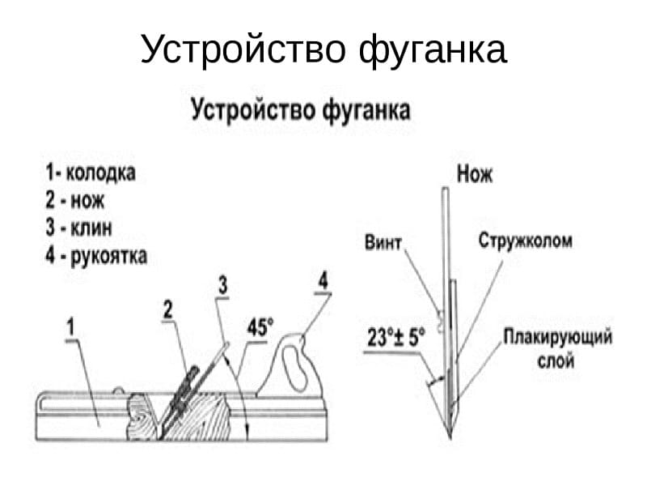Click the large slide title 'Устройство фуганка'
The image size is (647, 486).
tap(323, 50)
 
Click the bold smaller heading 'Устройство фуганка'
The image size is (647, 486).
tap(301, 109)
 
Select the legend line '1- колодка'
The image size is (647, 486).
tap(91, 173)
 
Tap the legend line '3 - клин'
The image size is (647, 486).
tap(78, 228)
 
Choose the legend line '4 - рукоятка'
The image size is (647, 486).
tap(96, 256)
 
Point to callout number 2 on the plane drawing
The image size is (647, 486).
tap(167, 309)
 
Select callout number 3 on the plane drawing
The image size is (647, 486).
tap(223, 285)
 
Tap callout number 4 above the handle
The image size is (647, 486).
tap(323, 281)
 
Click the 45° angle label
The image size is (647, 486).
tap(260, 329)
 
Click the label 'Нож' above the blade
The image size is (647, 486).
tap(475, 173)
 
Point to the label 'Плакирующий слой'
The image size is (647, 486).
tap(557, 347)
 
